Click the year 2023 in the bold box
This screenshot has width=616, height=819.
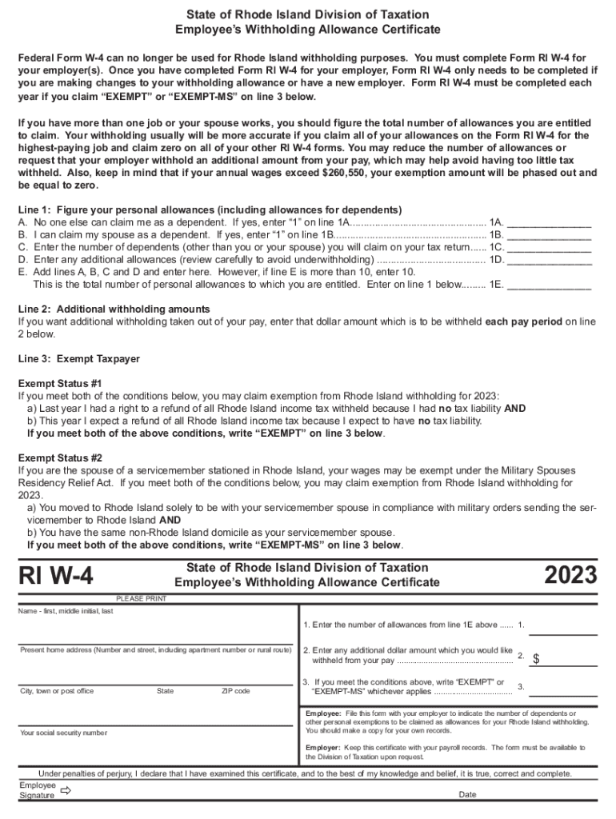click(570, 575)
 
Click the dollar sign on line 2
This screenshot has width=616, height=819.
click(537, 660)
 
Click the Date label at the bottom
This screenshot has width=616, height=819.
click(468, 795)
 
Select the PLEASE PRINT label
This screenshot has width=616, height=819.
click(142, 598)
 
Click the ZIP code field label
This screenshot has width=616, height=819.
click(235, 691)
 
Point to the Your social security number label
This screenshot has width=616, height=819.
click(63, 733)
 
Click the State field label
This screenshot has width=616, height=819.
click(166, 691)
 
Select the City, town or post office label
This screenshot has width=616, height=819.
click(57, 691)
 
